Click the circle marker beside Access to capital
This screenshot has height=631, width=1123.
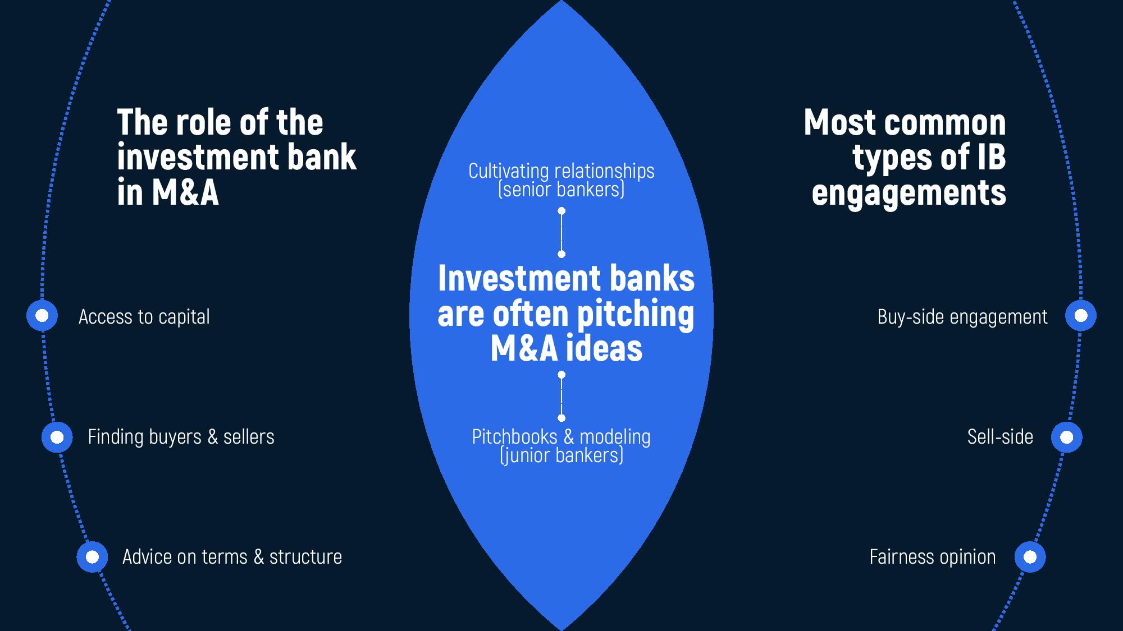tap(42, 316)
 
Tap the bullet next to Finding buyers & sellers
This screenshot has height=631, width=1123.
tap(57, 437)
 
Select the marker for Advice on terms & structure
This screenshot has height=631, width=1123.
tap(92, 557)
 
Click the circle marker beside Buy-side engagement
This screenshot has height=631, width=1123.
tap(1080, 316)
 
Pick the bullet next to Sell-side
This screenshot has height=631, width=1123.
tap(1066, 437)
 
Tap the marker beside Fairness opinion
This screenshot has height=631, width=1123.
tap(1030, 557)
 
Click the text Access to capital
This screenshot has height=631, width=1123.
tap(144, 317)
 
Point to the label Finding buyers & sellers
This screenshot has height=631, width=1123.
tap(181, 437)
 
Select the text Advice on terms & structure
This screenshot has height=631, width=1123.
tap(232, 557)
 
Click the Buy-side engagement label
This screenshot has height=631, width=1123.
tap(962, 317)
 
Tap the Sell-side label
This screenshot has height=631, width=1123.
tap(999, 437)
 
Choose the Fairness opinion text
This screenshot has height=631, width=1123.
tap(932, 557)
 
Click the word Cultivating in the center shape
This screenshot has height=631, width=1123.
tap(509, 171)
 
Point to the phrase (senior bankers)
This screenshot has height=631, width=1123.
tap(561, 190)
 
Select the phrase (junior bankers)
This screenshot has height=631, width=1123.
tap(561, 455)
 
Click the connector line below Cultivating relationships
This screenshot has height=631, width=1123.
tap(561, 232)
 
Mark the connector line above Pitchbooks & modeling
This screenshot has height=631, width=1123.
tap(561, 396)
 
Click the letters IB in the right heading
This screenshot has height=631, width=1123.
tap(991, 157)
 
